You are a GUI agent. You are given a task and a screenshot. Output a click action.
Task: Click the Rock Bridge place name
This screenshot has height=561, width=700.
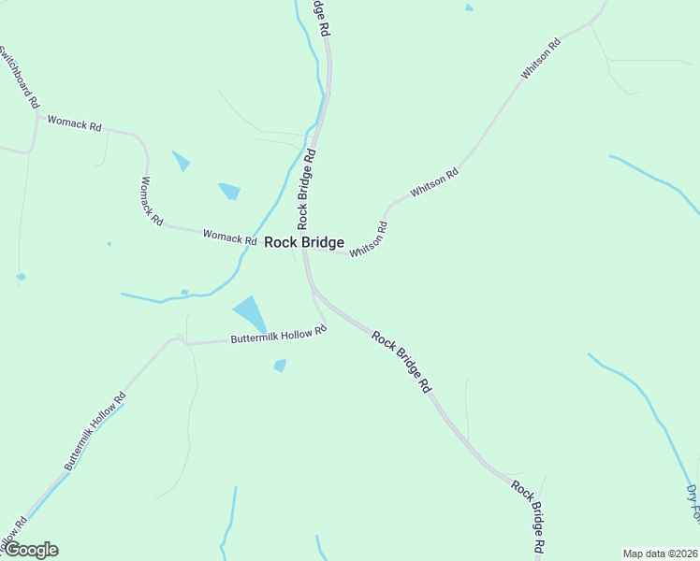(304, 242)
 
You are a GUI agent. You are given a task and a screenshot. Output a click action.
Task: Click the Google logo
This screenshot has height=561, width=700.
(30, 550)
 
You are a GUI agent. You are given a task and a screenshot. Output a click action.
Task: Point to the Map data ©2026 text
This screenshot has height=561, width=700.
(660, 554)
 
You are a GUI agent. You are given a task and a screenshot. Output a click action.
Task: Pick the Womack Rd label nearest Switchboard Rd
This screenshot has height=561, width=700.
(74, 122)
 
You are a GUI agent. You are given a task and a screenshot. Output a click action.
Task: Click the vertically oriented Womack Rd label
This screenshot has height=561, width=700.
(152, 201)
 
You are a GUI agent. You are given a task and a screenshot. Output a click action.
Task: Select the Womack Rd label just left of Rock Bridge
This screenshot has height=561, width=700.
(230, 237)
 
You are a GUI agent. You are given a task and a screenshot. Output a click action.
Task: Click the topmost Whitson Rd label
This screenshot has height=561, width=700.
(541, 58)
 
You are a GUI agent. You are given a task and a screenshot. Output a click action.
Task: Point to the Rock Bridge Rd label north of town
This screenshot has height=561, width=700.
(308, 186)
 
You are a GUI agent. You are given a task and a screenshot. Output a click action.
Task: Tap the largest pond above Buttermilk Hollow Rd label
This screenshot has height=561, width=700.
(249, 312)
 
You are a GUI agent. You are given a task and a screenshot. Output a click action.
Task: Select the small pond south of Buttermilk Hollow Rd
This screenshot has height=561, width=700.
(280, 365)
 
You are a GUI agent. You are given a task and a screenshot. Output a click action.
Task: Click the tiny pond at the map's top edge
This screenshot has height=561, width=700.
(469, 7)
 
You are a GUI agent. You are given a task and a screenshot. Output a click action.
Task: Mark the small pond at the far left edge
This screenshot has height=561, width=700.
(21, 277)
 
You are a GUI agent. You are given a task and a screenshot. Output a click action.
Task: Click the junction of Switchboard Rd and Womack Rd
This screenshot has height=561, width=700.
(36, 115)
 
